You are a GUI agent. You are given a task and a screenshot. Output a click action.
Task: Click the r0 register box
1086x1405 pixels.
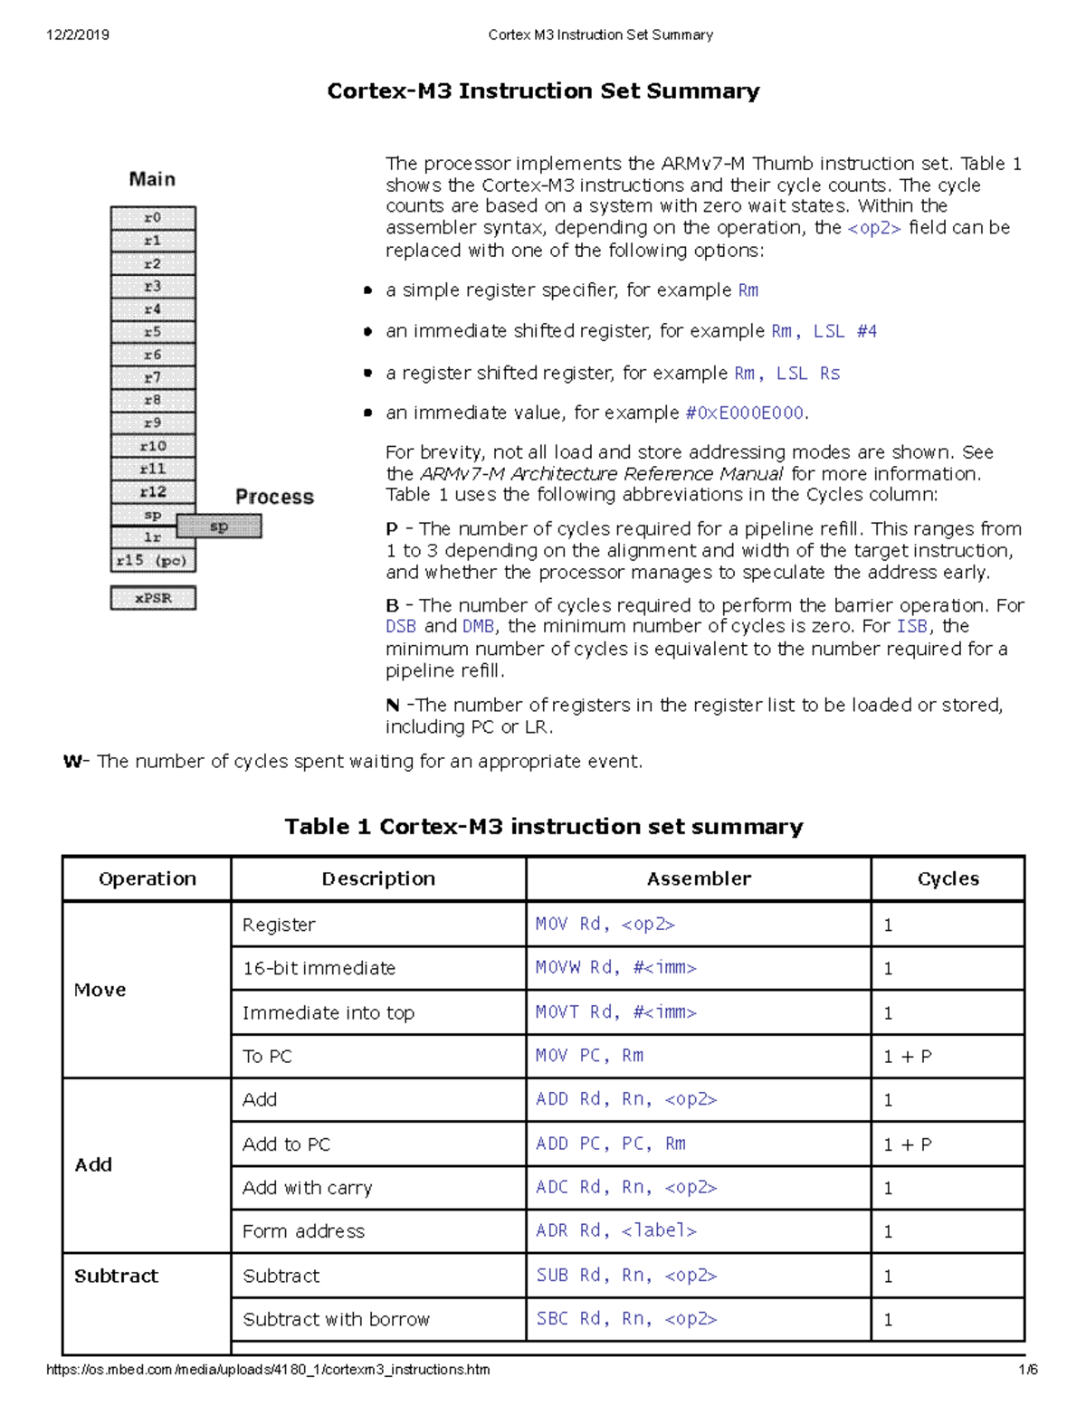[153, 218]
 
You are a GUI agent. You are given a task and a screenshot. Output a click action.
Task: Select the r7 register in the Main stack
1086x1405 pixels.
[153, 377]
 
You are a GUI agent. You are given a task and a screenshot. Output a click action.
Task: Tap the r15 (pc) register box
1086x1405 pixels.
[152, 561]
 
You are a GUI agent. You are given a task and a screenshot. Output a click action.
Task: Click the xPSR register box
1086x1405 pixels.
[153, 598]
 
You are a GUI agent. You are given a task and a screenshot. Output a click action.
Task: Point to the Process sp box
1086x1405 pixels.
[219, 527]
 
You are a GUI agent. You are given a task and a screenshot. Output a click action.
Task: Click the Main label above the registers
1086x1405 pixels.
[152, 179]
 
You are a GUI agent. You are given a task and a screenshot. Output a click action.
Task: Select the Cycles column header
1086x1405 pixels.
[948, 878]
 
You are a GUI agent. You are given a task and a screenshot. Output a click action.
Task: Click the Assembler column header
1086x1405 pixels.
[699, 878]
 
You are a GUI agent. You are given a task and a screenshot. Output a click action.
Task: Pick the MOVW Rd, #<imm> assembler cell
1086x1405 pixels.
[616, 968]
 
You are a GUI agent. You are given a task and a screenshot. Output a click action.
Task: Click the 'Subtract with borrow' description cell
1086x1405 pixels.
[336, 1320]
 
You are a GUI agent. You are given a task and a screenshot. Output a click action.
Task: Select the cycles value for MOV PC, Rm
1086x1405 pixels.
[908, 1057]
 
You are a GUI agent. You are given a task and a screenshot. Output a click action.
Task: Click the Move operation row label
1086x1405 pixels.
[100, 990]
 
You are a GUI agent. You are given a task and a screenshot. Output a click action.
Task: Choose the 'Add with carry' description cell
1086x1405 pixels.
[308, 1188]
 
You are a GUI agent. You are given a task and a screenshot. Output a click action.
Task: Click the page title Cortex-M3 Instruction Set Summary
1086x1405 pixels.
[543, 91]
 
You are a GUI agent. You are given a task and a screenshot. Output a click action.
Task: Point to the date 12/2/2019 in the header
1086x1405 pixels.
[78, 35]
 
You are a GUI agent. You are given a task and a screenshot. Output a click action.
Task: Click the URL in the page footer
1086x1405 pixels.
[268, 1370]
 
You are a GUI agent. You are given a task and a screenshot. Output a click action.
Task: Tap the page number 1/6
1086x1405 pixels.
[1028, 1370]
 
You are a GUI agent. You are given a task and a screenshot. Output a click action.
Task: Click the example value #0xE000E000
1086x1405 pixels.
[745, 413]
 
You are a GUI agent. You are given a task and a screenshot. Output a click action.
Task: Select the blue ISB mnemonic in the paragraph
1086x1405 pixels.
[912, 626]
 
